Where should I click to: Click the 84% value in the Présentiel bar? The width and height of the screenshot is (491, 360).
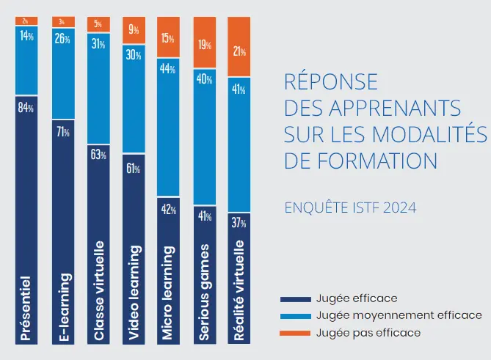point(26,108)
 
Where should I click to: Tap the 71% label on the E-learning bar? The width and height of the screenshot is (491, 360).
point(62,132)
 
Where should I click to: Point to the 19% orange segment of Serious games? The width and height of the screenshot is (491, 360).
point(203,45)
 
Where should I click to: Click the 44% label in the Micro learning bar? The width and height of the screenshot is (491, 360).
point(168,70)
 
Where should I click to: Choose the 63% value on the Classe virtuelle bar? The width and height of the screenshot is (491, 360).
point(98,155)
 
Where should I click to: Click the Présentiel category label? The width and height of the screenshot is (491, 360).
point(26,308)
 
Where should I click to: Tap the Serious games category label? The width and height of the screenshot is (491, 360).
point(204,293)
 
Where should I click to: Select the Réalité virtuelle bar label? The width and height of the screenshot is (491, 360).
point(240,291)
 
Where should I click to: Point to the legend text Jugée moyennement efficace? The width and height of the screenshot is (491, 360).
point(399,315)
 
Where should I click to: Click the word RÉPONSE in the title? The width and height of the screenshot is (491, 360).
point(330,81)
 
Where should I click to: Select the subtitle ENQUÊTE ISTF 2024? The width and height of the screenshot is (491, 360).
point(350,207)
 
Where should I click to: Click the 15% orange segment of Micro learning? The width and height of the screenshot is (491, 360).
point(168,37)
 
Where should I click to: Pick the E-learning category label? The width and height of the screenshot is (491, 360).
point(62,308)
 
